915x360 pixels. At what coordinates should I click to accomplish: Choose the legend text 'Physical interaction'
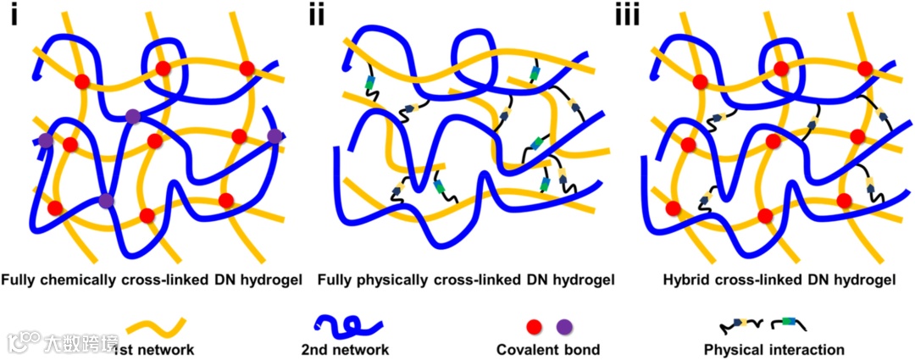coord(774,349)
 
